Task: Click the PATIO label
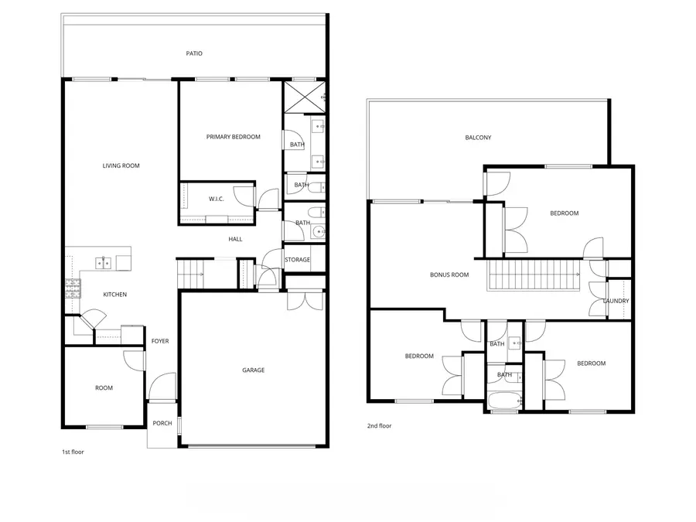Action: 194,53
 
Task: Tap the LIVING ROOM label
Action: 121,165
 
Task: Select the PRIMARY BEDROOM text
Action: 233,137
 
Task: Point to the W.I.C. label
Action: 216,200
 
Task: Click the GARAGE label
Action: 253,370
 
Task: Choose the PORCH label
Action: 162,423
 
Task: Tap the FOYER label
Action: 160,341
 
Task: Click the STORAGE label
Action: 297,260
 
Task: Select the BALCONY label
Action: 478,138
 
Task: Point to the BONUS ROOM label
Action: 449,275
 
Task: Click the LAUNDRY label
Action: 616,301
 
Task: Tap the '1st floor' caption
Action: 73,452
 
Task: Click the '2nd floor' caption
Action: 379,425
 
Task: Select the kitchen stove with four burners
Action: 73,288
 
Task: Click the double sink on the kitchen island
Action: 104,264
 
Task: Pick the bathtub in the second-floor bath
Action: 506,401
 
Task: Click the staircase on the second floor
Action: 534,275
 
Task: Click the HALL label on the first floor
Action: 235,239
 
